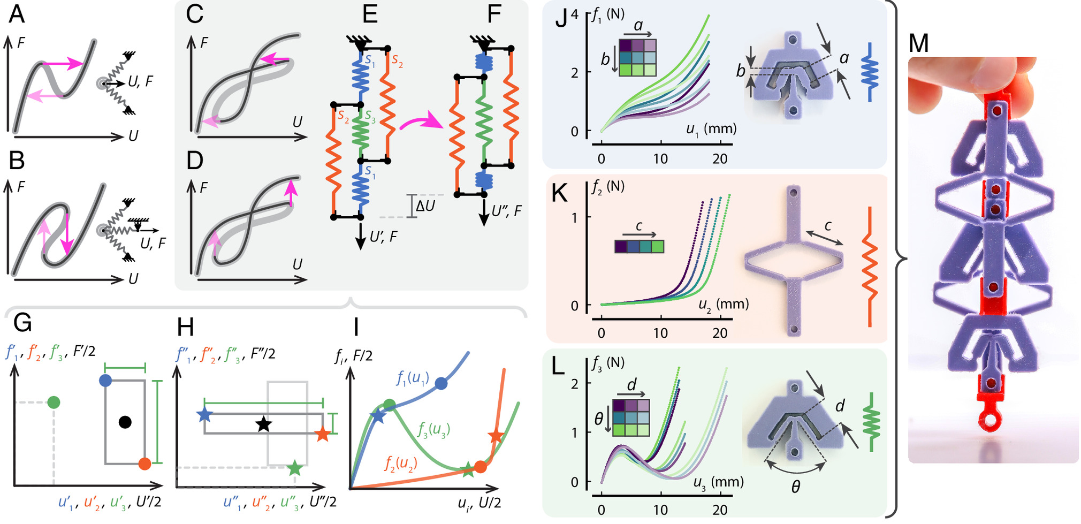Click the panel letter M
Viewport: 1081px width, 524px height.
pyautogui.click(x=919, y=43)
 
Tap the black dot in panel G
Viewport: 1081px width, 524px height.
pyautogui.click(x=125, y=422)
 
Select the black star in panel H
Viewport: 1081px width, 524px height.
pyautogui.click(x=263, y=424)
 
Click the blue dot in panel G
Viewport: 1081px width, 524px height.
pyautogui.click(x=105, y=381)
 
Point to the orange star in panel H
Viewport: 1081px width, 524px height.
pyautogui.click(x=322, y=434)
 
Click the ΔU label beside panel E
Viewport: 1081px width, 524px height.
pyautogui.click(x=426, y=206)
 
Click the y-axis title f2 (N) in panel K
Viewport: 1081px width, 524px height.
pyautogui.click(x=608, y=187)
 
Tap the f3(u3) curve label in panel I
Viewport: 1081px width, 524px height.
pyautogui.click(x=433, y=429)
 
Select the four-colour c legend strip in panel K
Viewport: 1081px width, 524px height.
pyautogui.click(x=639, y=246)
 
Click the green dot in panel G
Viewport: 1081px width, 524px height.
pyautogui.click(x=53, y=403)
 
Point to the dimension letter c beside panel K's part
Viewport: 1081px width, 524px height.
pyautogui.click(x=828, y=226)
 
